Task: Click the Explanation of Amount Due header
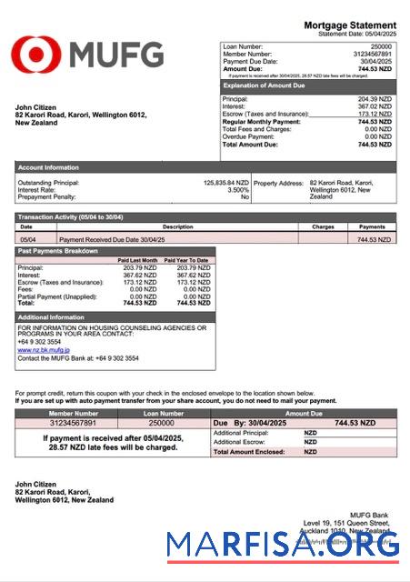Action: point(263,85)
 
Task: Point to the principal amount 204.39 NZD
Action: point(375,98)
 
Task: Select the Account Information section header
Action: point(48,167)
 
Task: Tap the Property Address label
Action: point(278,183)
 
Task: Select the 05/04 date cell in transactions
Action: point(27,239)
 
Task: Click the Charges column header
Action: point(323,226)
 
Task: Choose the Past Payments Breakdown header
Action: point(59,250)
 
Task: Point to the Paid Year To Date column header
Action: point(186,260)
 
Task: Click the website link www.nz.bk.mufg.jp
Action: point(43,348)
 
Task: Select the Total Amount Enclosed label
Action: point(245,452)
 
